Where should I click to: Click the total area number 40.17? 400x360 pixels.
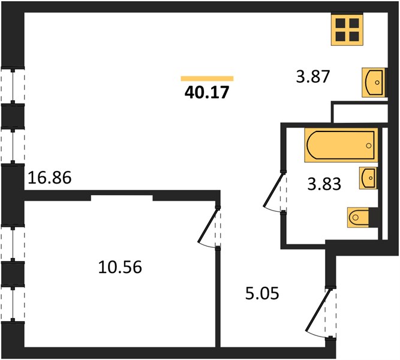(207, 92)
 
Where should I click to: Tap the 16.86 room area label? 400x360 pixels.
(50, 178)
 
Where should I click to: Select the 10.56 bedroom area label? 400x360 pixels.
(120, 268)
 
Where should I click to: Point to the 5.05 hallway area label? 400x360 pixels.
(262, 293)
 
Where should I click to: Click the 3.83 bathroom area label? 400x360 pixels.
(324, 184)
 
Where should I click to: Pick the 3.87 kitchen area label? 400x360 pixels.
(313, 77)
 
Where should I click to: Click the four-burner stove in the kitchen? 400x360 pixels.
(347, 30)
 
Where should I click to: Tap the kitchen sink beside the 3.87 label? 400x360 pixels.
(374, 82)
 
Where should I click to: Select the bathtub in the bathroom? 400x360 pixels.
(341, 145)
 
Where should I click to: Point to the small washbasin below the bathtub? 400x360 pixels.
(368, 178)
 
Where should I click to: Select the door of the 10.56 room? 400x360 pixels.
(209, 228)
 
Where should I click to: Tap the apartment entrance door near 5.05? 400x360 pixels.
(320, 314)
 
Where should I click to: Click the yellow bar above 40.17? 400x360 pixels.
(207, 79)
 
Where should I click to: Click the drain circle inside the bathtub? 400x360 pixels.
(368, 146)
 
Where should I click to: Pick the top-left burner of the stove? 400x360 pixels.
(340, 23)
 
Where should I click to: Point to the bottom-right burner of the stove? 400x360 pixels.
(354, 37)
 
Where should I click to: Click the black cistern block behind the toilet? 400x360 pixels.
(374, 218)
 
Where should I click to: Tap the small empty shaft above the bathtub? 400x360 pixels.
(360, 113)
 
